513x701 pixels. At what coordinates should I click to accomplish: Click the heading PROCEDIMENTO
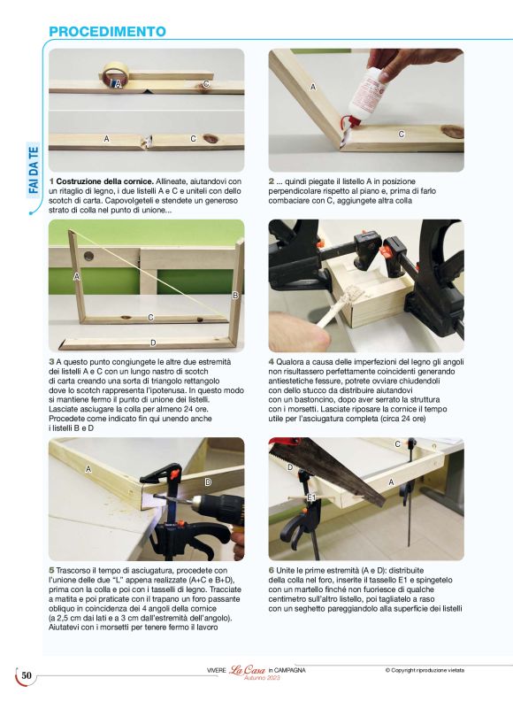tap(107, 32)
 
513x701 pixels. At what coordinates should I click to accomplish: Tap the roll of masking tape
tap(116, 74)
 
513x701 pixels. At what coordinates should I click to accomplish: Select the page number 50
tap(27, 675)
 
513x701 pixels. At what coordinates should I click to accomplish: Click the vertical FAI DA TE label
tap(34, 170)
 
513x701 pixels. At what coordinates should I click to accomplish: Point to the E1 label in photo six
tap(311, 497)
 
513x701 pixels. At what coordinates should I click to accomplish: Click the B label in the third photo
tap(235, 296)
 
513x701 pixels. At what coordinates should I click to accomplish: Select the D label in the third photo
tap(153, 343)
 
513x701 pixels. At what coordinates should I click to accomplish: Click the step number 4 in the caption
tap(272, 362)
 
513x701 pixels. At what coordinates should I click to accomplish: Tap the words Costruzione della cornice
tap(105, 181)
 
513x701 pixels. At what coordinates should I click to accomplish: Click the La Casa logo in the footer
tap(248, 670)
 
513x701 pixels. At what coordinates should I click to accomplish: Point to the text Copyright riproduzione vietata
tap(425, 670)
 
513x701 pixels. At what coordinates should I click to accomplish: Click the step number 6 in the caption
tap(272, 571)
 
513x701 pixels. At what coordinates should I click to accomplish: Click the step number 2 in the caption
tap(272, 181)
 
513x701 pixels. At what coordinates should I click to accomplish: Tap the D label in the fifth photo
tap(208, 481)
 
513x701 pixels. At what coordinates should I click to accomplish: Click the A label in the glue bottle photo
tap(313, 87)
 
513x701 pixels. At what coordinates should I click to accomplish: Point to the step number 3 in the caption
tap(51, 362)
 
